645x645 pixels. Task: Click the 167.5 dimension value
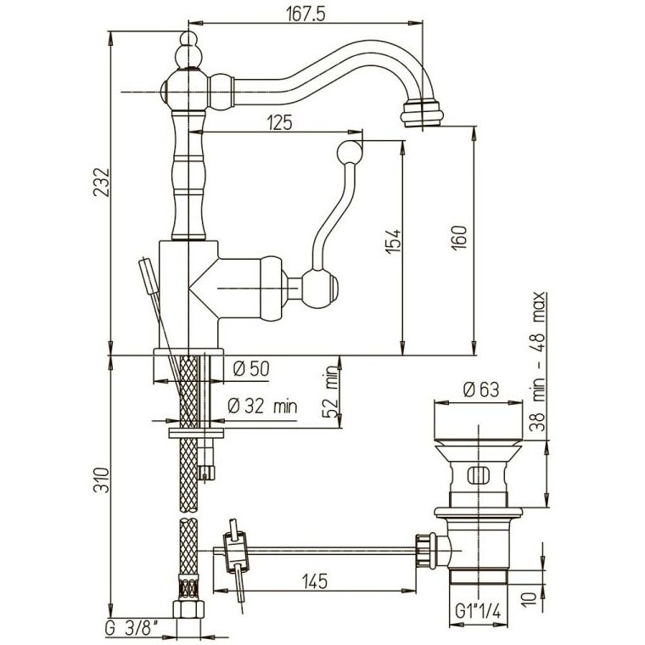(x=306, y=14)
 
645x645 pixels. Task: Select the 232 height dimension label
(x=102, y=182)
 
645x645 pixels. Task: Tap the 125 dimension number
(x=279, y=122)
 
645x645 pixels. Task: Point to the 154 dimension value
(x=393, y=241)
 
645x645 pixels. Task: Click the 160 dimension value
(x=459, y=238)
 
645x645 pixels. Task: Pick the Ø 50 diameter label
(x=250, y=368)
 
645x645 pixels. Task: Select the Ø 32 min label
(x=262, y=407)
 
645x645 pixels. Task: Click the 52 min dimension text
(x=330, y=395)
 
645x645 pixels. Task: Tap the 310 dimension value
(x=102, y=480)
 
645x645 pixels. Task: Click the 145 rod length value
(x=315, y=581)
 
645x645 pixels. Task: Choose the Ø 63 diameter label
(x=480, y=390)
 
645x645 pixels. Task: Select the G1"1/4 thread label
(x=478, y=612)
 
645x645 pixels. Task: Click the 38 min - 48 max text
(x=537, y=362)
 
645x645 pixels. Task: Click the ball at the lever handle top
(x=350, y=153)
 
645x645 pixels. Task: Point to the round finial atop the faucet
(x=188, y=38)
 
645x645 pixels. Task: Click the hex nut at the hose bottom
(x=188, y=609)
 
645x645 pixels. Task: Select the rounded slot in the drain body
(x=479, y=476)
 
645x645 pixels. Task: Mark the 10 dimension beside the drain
(x=531, y=597)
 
